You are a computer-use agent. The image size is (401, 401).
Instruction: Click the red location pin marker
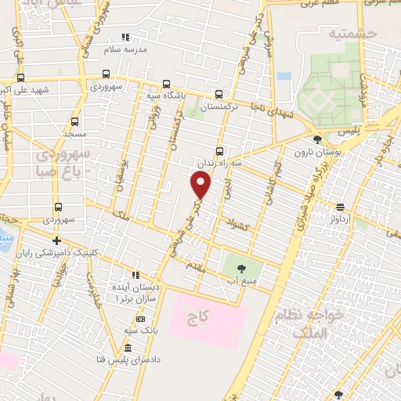[x=201, y=185]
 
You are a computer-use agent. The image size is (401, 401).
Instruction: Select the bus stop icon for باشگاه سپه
[x=166, y=85]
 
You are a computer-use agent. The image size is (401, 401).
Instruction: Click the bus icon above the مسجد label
[x=74, y=121]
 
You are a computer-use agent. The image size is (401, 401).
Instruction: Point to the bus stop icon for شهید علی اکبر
[x=20, y=78]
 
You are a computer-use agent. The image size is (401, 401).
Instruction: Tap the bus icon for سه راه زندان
[x=219, y=152]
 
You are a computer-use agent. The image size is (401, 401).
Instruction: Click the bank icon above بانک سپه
[x=140, y=320]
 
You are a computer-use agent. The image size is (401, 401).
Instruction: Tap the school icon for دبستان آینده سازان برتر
[x=135, y=276]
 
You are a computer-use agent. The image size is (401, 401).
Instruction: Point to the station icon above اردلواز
[x=341, y=208]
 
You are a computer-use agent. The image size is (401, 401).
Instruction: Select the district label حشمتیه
[x=353, y=33]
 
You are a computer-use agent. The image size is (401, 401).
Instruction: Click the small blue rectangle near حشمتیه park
[x=284, y=76]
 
